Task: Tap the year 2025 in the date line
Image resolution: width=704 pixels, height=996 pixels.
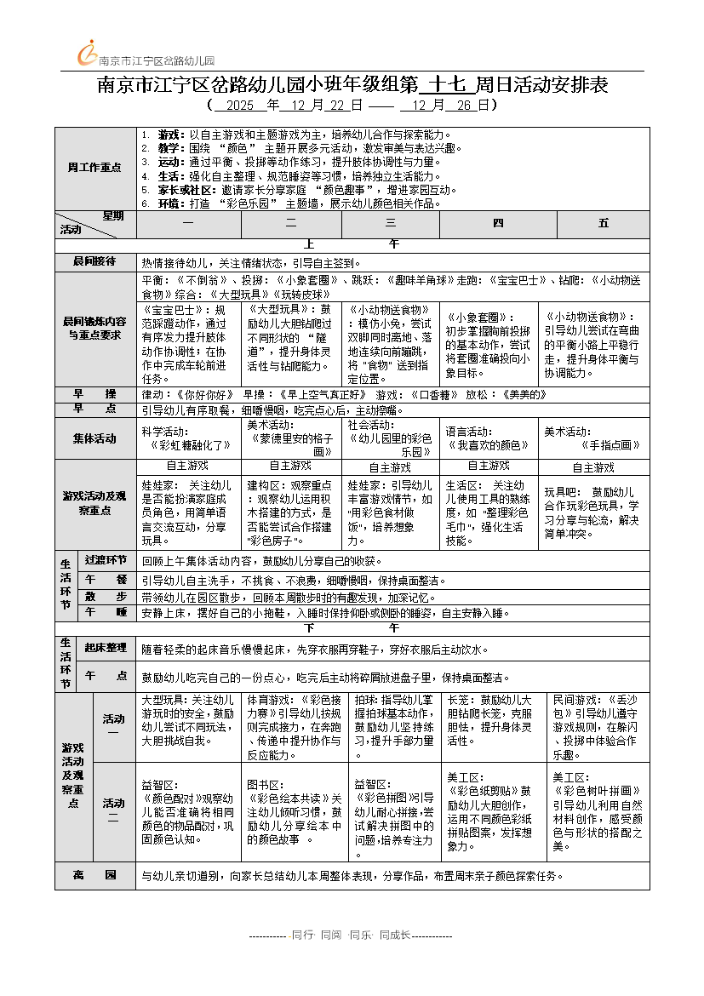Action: pyautogui.click(x=241, y=106)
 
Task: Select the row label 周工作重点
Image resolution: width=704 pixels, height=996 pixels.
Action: pyautogui.click(x=94, y=168)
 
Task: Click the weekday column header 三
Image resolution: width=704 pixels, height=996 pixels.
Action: pyautogui.click(x=391, y=223)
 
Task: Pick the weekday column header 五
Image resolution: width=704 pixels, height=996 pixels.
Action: pyautogui.click(x=604, y=223)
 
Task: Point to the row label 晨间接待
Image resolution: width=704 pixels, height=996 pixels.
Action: pyautogui.click(x=94, y=261)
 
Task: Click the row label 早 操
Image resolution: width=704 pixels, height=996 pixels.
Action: pyautogui.click(x=94, y=394)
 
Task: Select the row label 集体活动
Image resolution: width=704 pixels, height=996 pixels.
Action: pyautogui.click(x=94, y=438)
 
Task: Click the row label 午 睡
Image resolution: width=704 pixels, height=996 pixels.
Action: pyautogui.click(x=106, y=612)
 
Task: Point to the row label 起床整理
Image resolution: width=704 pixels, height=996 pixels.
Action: pyautogui.click(x=106, y=648)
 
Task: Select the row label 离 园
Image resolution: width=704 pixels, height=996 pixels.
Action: pyautogui.click(x=94, y=874)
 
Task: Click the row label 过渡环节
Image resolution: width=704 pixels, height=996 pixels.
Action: pyautogui.click(x=106, y=560)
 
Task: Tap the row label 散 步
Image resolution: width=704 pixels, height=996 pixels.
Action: pyautogui.click(x=106, y=596)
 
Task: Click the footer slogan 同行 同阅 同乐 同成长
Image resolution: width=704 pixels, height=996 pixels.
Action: pyautogui.click(x=351, y=935)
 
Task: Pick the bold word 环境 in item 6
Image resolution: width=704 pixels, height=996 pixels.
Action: pyautogui.click(x=169, y=203)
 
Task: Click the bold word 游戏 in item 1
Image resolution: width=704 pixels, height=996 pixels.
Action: pyautogui.click(x=169, y=135)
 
